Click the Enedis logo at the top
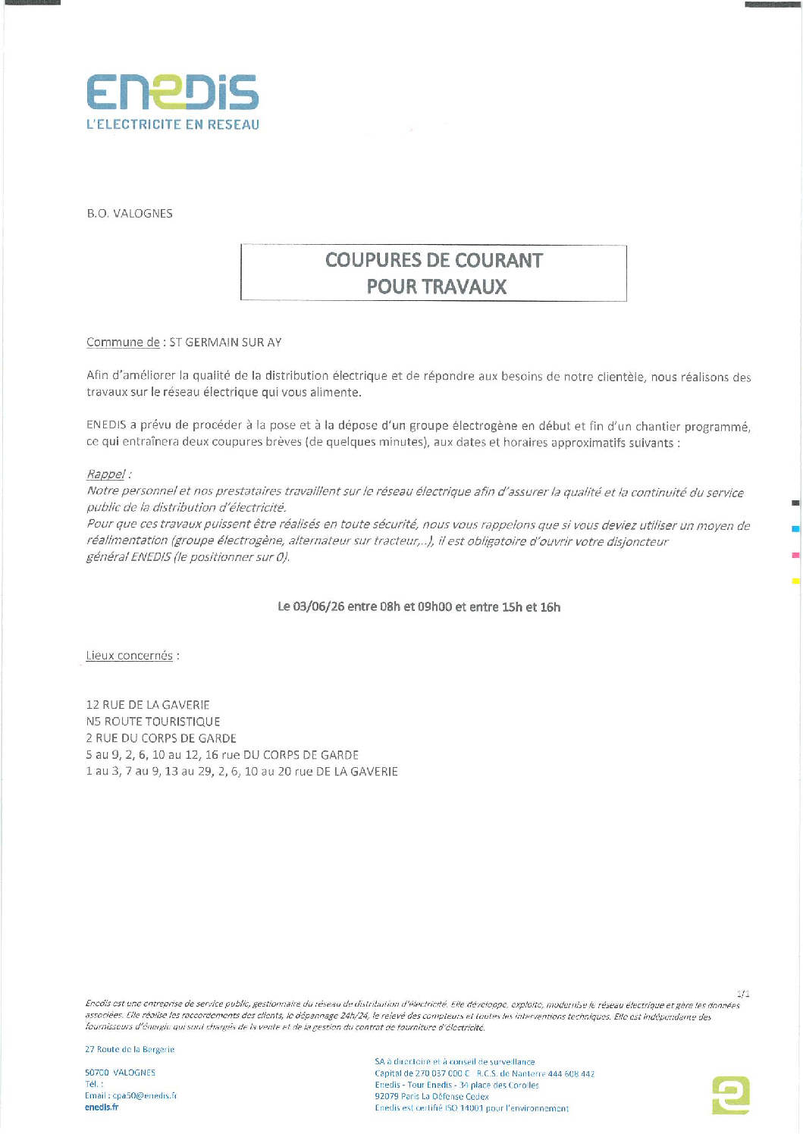pos(172,92)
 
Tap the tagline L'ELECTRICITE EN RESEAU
pos(172,125)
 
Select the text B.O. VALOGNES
pos(130,214)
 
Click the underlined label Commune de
pos(123,343)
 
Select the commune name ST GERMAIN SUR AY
pos(225,343)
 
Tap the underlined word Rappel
pos(105,475)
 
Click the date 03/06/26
pos(318,607)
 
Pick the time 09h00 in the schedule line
pos(434,607)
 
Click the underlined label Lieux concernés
pos(130,656)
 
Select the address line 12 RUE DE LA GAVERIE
pos(148,705)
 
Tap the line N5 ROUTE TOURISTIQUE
pos(153,722)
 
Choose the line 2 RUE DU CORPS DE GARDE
pos(162,738)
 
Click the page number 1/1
pos(743,993)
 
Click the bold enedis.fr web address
pos(102,1107)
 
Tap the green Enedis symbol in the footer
pos(731,1095)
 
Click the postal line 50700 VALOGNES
pos(120,1073)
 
